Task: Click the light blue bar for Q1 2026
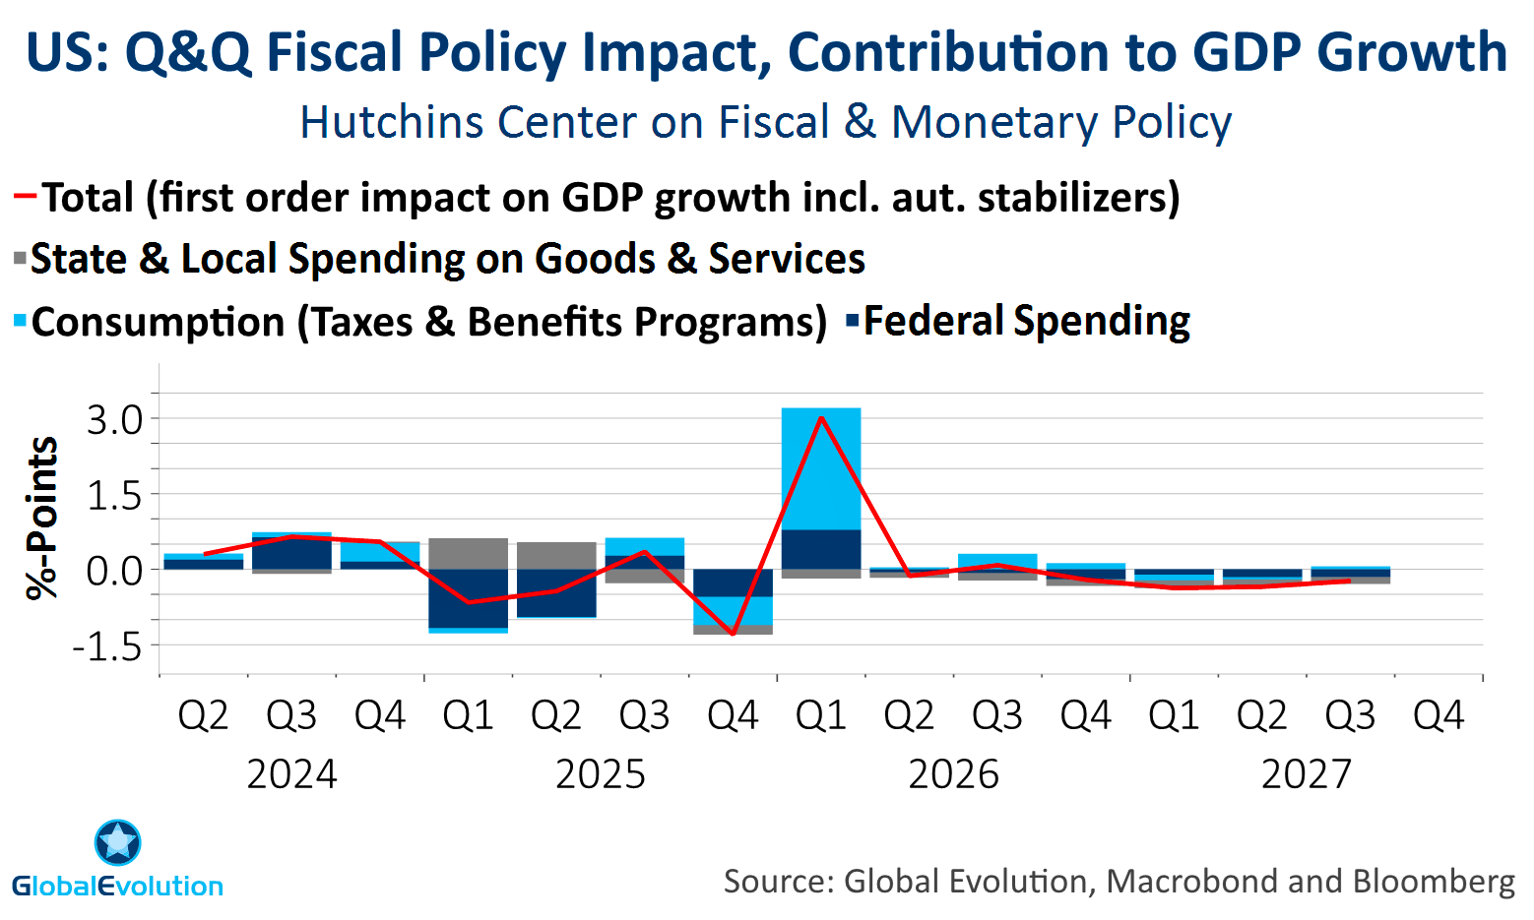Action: pos(821,468)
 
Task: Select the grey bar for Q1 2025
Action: pos(468,553)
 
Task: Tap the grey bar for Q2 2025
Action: pos(556,555)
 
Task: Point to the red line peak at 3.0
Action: pos(821,418)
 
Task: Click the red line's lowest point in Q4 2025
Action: pos(733,634)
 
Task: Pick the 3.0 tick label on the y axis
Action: pos(114,420)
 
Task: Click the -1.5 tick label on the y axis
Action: pos(107,646)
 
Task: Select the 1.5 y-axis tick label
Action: pos(114,496)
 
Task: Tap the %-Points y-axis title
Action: pos(42,518)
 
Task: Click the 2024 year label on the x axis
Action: pos(291,774)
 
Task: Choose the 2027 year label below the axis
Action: pos(1307,774)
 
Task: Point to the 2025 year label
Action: pos(601,774)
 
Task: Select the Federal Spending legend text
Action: pos(1026,322)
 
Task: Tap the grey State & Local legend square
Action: pos(20,260)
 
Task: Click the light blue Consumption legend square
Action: pos(20,322)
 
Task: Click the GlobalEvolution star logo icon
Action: pos(118,843)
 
